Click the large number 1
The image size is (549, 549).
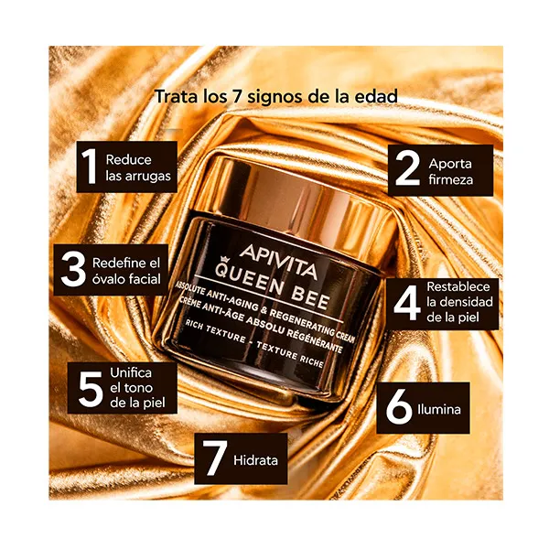click(x=90, y=166)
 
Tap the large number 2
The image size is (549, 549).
click(x=407, y=168)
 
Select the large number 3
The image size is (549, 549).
click(x=73, y=269)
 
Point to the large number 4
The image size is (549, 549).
click(x=407, y=303)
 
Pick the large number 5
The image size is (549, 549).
click(x=91, y=389)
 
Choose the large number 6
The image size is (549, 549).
click(x=399, y=406)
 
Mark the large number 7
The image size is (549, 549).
click(x=215, y=458)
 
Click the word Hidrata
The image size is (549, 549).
click(x=255, y=460)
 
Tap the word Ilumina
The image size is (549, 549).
click(x=439, y=409)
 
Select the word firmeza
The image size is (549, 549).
click(x=450, y=179)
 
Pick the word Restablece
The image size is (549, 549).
click(x=458, y=286)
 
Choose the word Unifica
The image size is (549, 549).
click(x=131, y=372)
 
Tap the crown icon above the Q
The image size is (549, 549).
click(x=222, y=260)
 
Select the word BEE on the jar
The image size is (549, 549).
click(x=310, y=297)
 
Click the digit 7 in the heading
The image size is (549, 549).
click(x=237, y=96)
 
